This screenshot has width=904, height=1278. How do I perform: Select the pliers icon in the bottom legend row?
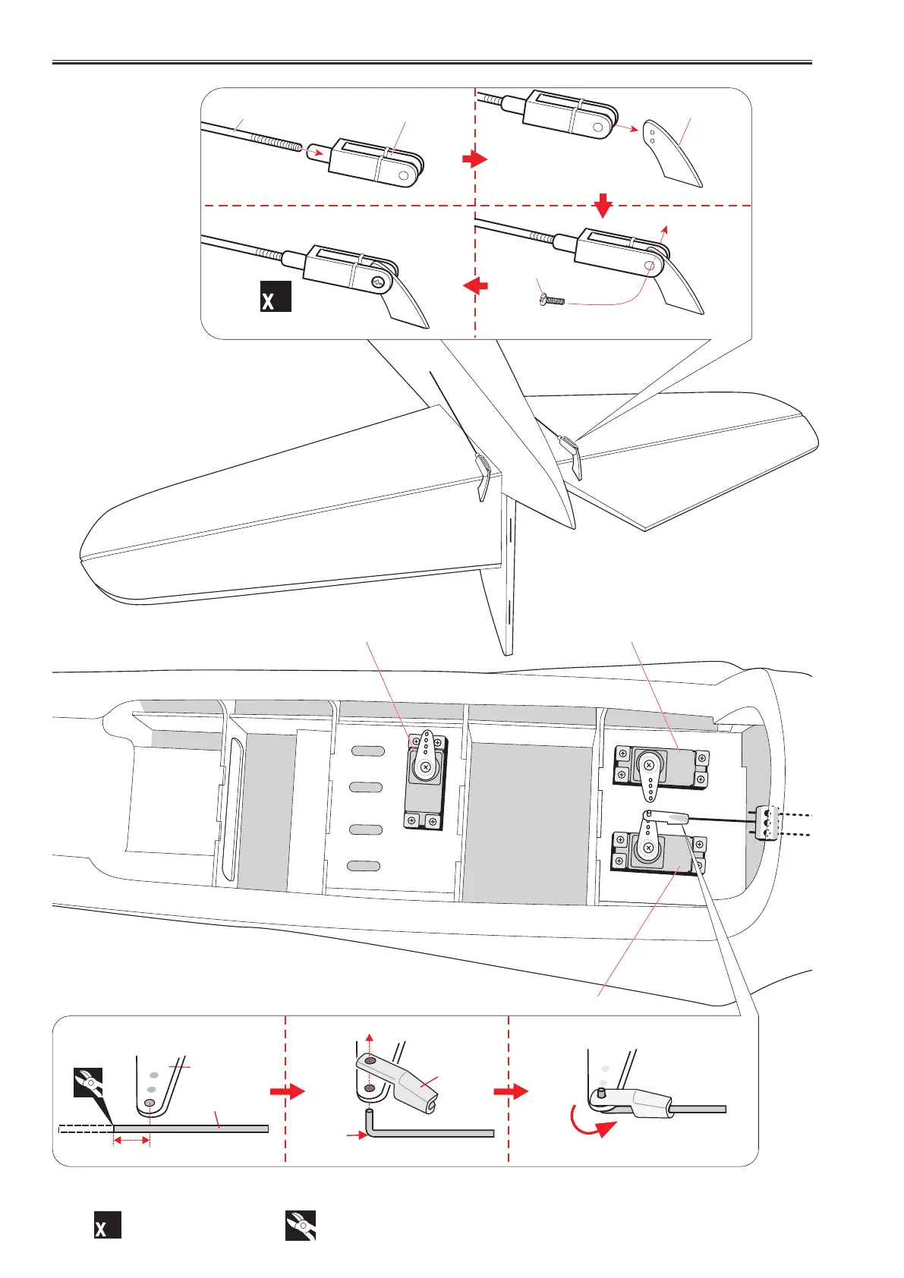click(300, 1225)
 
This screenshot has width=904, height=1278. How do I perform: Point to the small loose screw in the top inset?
click(553, 301)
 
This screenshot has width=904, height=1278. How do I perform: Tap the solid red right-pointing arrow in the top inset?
click(474, 159)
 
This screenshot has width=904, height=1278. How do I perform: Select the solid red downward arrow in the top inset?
click(603, 203)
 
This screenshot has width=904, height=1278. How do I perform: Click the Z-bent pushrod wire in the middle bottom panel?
click(425, 1133)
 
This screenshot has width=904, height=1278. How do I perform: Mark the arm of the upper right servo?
click(650, 782)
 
